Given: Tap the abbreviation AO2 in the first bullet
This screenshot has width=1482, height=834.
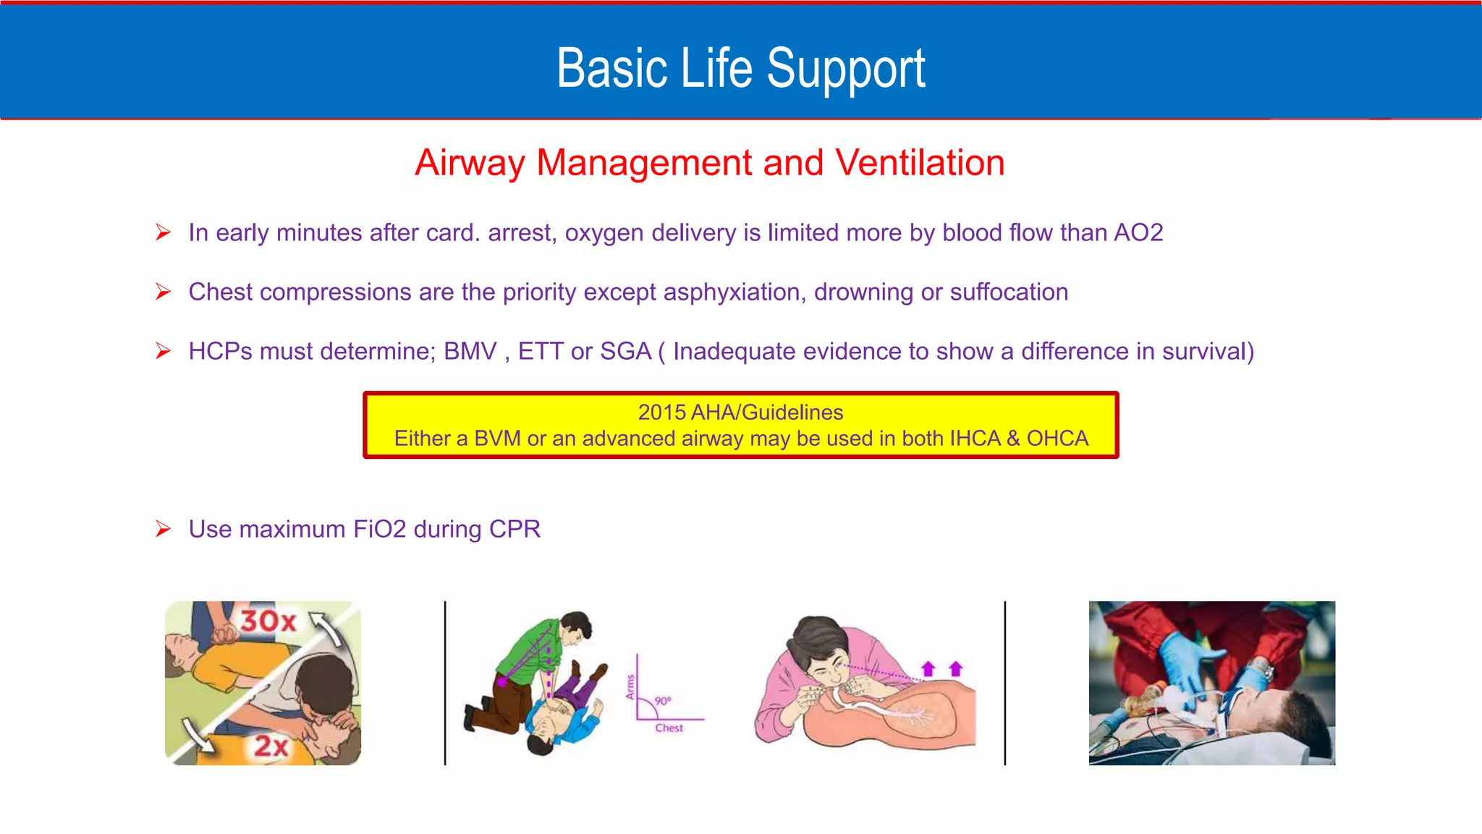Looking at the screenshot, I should (1138, 233).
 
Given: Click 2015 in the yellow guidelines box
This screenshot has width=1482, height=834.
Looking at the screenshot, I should (661, 413).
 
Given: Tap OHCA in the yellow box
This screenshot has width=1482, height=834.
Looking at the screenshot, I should (1057, 439).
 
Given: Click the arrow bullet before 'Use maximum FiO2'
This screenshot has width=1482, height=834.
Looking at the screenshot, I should (164, 529).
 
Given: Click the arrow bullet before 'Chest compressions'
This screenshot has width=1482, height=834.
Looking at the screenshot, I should (164, 292).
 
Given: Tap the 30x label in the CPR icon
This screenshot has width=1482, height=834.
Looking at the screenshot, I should (268, 621).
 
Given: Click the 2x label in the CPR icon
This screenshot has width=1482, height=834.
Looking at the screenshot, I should (271, 746).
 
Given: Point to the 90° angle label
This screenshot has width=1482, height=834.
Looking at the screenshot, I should (663, 701).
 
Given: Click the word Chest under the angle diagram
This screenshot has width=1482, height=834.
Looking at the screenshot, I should (669, 728).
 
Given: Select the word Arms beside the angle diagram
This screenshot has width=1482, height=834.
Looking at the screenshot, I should (630, 687).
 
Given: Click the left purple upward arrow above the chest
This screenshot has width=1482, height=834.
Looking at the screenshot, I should (928, 669).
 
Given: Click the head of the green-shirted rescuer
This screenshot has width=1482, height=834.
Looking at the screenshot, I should (577, 628).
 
